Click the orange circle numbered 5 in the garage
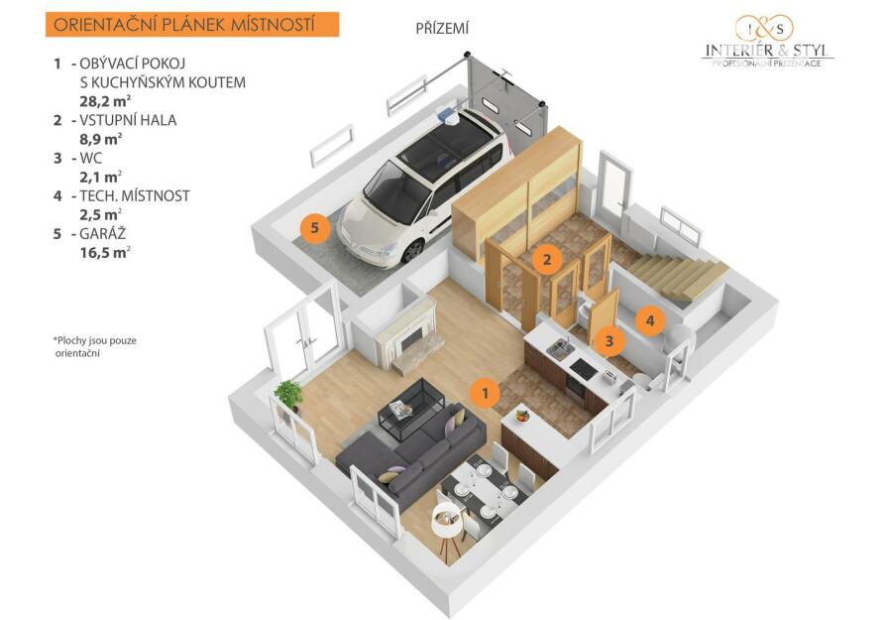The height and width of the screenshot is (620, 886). point(315,228)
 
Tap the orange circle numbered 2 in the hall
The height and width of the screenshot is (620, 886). point(546,260)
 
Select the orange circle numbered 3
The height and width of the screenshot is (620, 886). point(609,341)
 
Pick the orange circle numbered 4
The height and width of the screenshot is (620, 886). point(650,320)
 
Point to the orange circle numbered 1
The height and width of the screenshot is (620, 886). point(485,392)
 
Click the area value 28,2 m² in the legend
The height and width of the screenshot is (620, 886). point(105,101)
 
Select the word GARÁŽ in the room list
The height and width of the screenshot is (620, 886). point(103,233)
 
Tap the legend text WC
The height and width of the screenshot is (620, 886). point(91,158)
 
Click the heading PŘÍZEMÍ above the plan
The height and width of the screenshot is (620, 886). point(442,29)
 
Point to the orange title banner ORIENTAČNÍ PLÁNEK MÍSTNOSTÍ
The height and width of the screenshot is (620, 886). point(192,25)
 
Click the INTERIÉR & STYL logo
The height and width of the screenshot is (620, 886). point(767,41)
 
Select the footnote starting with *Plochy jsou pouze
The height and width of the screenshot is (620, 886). point(95,347)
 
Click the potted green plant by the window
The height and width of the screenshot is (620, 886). point(288,395)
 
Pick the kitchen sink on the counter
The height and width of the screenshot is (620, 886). point(559,349)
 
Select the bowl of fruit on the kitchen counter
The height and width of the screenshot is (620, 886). point(522,416)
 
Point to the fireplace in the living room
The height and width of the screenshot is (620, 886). point(405,335)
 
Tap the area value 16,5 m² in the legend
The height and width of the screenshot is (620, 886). point(105,252)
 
